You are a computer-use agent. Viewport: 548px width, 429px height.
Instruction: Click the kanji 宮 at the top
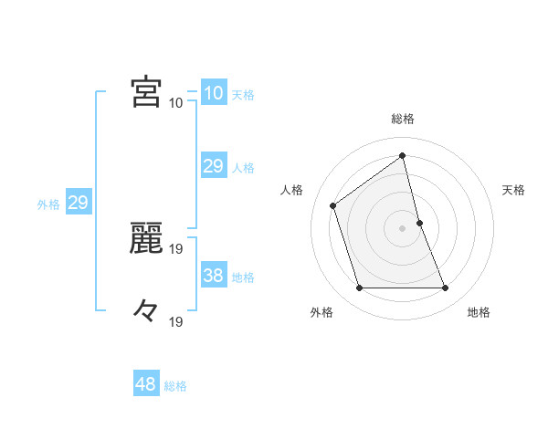click(x=146, y=92)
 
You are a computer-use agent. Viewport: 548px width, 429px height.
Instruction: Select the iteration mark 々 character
click(x=146, y=311)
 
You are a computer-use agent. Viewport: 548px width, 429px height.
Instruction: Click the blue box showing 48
click(x=146, y=384)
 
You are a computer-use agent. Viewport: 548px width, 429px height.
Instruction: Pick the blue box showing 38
click(x=214, y=275)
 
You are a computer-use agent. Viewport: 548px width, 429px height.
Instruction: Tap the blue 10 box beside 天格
click(x=214, y=93)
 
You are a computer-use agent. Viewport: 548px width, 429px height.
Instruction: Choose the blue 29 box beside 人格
click(x=214, y=166)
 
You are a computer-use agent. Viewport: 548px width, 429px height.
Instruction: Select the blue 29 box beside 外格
click(x=79, y=203)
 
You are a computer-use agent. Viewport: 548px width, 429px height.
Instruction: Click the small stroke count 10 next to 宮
click(x=175, y=102)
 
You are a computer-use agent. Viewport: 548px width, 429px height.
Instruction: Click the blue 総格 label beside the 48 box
click(x=175, y=386)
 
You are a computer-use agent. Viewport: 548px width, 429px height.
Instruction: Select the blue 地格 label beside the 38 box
click(x=243, y=277)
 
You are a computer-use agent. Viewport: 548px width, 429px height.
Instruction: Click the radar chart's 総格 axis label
click(x=403, y=119)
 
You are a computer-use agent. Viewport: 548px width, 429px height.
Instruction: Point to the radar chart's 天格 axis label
click(x=513, y=190)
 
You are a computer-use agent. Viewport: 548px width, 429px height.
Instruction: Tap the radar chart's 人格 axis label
click(x=292, y=190)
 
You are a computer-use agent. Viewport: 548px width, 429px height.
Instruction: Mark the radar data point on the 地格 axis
click(x=446, y=288)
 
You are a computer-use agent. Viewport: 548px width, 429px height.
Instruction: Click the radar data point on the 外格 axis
click(x=359, y=288)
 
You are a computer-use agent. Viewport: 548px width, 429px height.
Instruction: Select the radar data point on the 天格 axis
click(x=419, y=223)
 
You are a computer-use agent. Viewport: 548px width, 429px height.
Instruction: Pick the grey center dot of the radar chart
click(x=403, y=228)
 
